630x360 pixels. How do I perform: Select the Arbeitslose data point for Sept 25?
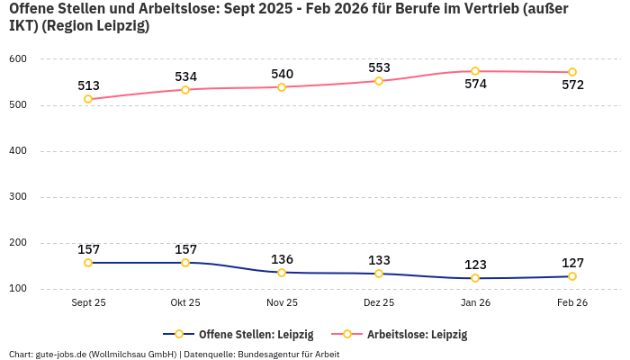click(x=88, y=99)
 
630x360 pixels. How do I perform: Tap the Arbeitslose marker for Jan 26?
click(x=475, y=71)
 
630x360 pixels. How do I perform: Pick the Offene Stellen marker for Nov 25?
click(x=282, y=273)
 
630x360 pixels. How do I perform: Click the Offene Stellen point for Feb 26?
click(x=572, y=276)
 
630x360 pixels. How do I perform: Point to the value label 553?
click(x=379, y=67)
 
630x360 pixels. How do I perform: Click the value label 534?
click(x=185, y=76)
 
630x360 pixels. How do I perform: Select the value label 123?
click(x=475, y=265)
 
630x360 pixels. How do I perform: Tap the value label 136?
click(x=282, y=259)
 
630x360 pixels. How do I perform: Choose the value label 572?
click(x=572, y=85)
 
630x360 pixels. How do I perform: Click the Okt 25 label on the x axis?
click(x=185, y=303)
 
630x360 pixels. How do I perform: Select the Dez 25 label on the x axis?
click(x=379, y=303)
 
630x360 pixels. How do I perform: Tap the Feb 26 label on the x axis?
click(x=572, y=303)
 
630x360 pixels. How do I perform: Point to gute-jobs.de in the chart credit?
click(x=60, y=355)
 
